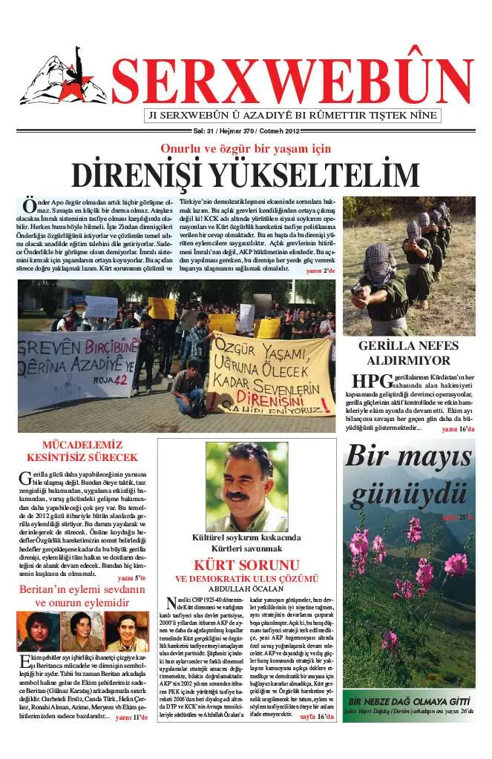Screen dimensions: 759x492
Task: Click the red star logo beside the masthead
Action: [x=63, y=79]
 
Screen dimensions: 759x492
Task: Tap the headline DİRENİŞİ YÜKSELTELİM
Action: [x=245, y=175]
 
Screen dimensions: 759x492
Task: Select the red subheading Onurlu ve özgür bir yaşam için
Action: [x=246, y=148]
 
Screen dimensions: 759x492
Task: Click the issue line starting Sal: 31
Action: [x=244, y=131]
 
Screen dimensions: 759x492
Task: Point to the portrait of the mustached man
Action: [x=246, y=485]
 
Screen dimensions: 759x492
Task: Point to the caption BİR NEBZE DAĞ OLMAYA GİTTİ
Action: [x=409, y=700]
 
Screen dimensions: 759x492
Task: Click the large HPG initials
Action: [x=369, y=381]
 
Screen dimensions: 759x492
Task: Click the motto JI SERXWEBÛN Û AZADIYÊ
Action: [x=292, y=116]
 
